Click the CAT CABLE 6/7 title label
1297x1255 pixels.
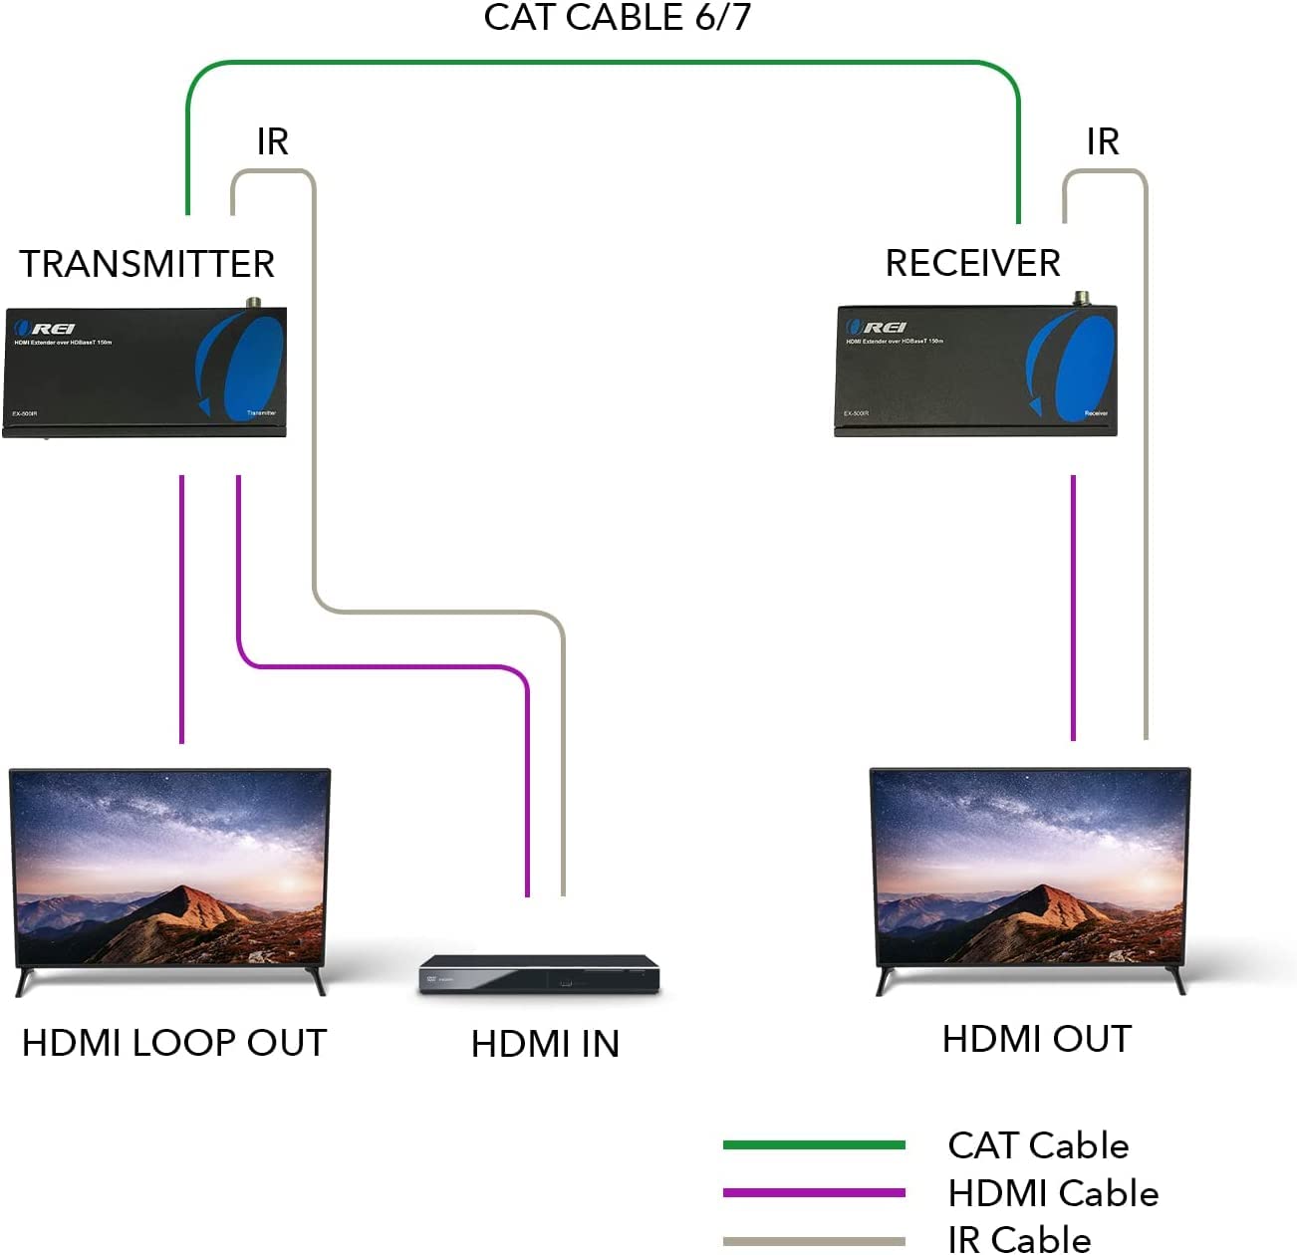[x=617, y=18]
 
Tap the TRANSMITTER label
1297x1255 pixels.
[x=146, y=264]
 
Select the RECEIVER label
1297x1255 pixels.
[x=972, y=263]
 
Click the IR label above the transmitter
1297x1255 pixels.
[x=272, y=141]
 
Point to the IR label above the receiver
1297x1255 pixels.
[x=1103, y=141]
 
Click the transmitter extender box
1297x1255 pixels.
[x=144, y=372]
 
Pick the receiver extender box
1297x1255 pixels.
[x=975, y=372]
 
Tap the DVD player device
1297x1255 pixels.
[x=539, y=973]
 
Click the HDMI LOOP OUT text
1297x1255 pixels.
[x=174, y=1043]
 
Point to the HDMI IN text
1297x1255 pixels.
[x=545, y=1044]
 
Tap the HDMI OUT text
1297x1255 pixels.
[x=1037, y=1039]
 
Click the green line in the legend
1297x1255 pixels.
[x=814, y=1145]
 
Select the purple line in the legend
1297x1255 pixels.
[x=814, y=1192]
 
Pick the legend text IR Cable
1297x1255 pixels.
[x=1019, y=1239]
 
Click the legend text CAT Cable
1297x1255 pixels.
[x=1038, y=1145]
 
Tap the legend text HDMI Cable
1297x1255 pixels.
[x=1053, y=1193]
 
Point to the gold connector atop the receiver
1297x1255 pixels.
[x=1081, y=297]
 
